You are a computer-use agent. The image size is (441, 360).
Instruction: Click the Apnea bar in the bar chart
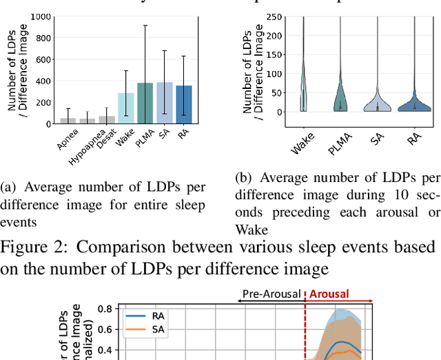pyautogui.click(x=68, y=121)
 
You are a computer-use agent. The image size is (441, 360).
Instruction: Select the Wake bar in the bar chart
pyautogui.click(x=126, y=108)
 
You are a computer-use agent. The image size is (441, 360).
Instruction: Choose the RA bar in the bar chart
pyautogui.click(x=184, y=105)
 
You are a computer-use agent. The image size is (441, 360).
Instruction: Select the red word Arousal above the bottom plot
pyautogui.click(x=329, y=294)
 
